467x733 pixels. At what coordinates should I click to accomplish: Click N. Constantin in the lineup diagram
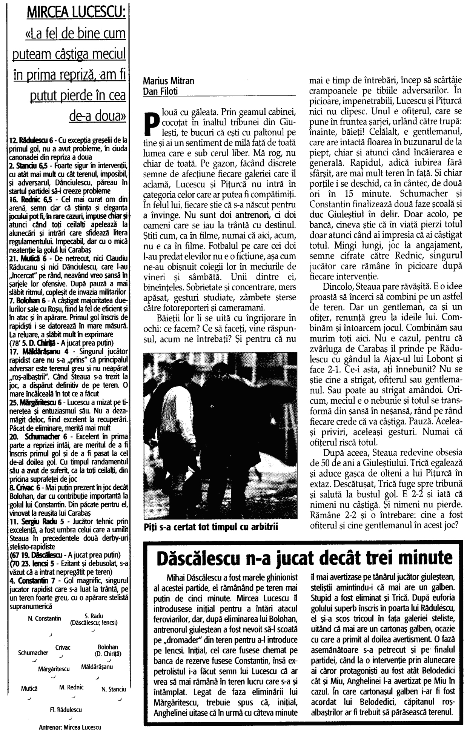(45, 619)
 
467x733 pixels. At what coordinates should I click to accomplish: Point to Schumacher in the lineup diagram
(33, 653)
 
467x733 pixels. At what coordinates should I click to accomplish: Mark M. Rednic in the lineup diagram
(71, 687)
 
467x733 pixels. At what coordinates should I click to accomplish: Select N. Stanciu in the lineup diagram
(114, 689)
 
